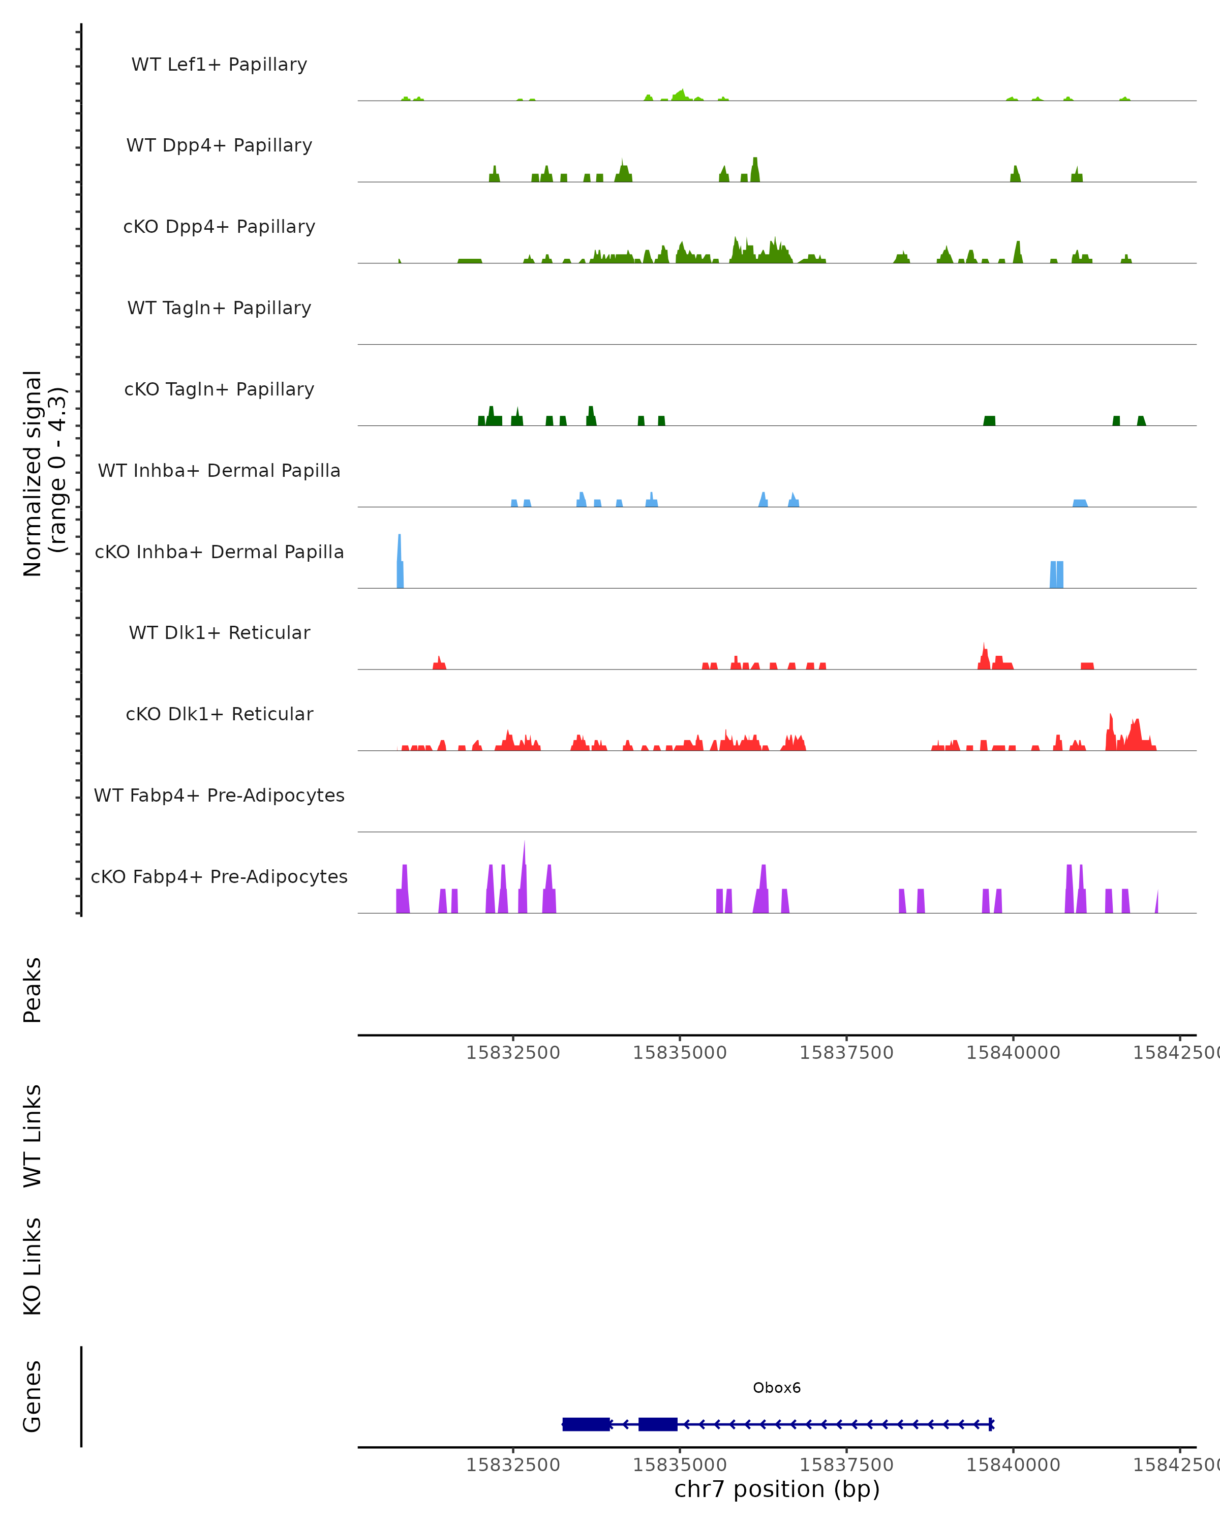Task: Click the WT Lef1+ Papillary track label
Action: pyautogui.click(x=219, y=65)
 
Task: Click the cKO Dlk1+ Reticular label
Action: pyautogui.click(x=219, y=714)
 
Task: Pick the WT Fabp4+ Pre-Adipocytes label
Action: pyautogui.click(x=219, y=795)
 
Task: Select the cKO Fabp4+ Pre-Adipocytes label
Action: pyautogui.click(x=219, y=876)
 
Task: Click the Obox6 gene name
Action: pyautogui.click(x=777, y=1388)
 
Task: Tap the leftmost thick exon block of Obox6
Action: pyautogui.click(x=586, y=1424)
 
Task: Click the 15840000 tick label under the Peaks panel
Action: pyautogui.click(x=1013, y=1053)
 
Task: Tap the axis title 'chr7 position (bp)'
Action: pyautogui.click(x=777, y=1489)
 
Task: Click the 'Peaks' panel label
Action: pyautogui.click(x=33, y=990)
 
